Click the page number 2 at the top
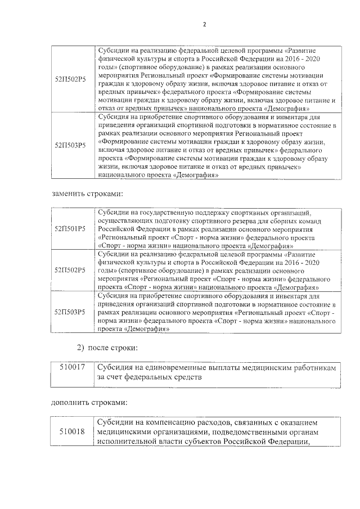coord(205,25)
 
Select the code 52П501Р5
coord(71,229)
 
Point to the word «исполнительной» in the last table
coord(130,442)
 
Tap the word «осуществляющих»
coord(122,221)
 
